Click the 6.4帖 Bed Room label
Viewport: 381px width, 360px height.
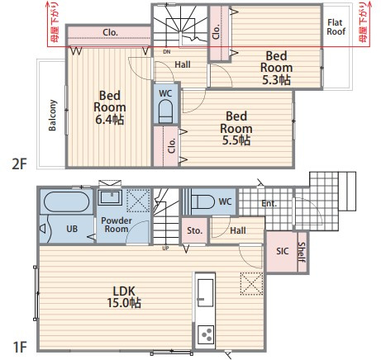tap(110, 107)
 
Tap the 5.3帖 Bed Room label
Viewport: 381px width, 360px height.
tap(276, 68)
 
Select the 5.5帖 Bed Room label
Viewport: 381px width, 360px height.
tap(236, 128)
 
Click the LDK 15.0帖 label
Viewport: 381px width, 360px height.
tap(124, 297)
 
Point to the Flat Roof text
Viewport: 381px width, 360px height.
tap(336, 27)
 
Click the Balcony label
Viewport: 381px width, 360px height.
tap(52, 116)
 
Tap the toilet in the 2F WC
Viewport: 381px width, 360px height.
tap(165, 111)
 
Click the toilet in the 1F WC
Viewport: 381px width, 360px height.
tap(202, 202)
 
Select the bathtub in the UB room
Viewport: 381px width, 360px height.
tap(66, 201)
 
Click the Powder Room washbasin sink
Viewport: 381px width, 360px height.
tap(110, 197)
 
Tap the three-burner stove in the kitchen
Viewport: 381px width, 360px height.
tap(206, 334)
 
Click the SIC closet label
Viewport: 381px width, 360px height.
tap(283, 251)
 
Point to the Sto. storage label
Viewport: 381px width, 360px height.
tap(194, 230)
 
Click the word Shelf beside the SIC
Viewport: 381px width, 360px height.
tap(302, 252)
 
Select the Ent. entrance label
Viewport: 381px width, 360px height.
tap(269, 204)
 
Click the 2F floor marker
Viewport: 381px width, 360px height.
tap(19, 164)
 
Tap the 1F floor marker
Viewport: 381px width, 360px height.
tap(20, 347)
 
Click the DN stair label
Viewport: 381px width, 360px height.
tap(167, 52)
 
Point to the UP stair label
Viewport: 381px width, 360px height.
tap(165, 249)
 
